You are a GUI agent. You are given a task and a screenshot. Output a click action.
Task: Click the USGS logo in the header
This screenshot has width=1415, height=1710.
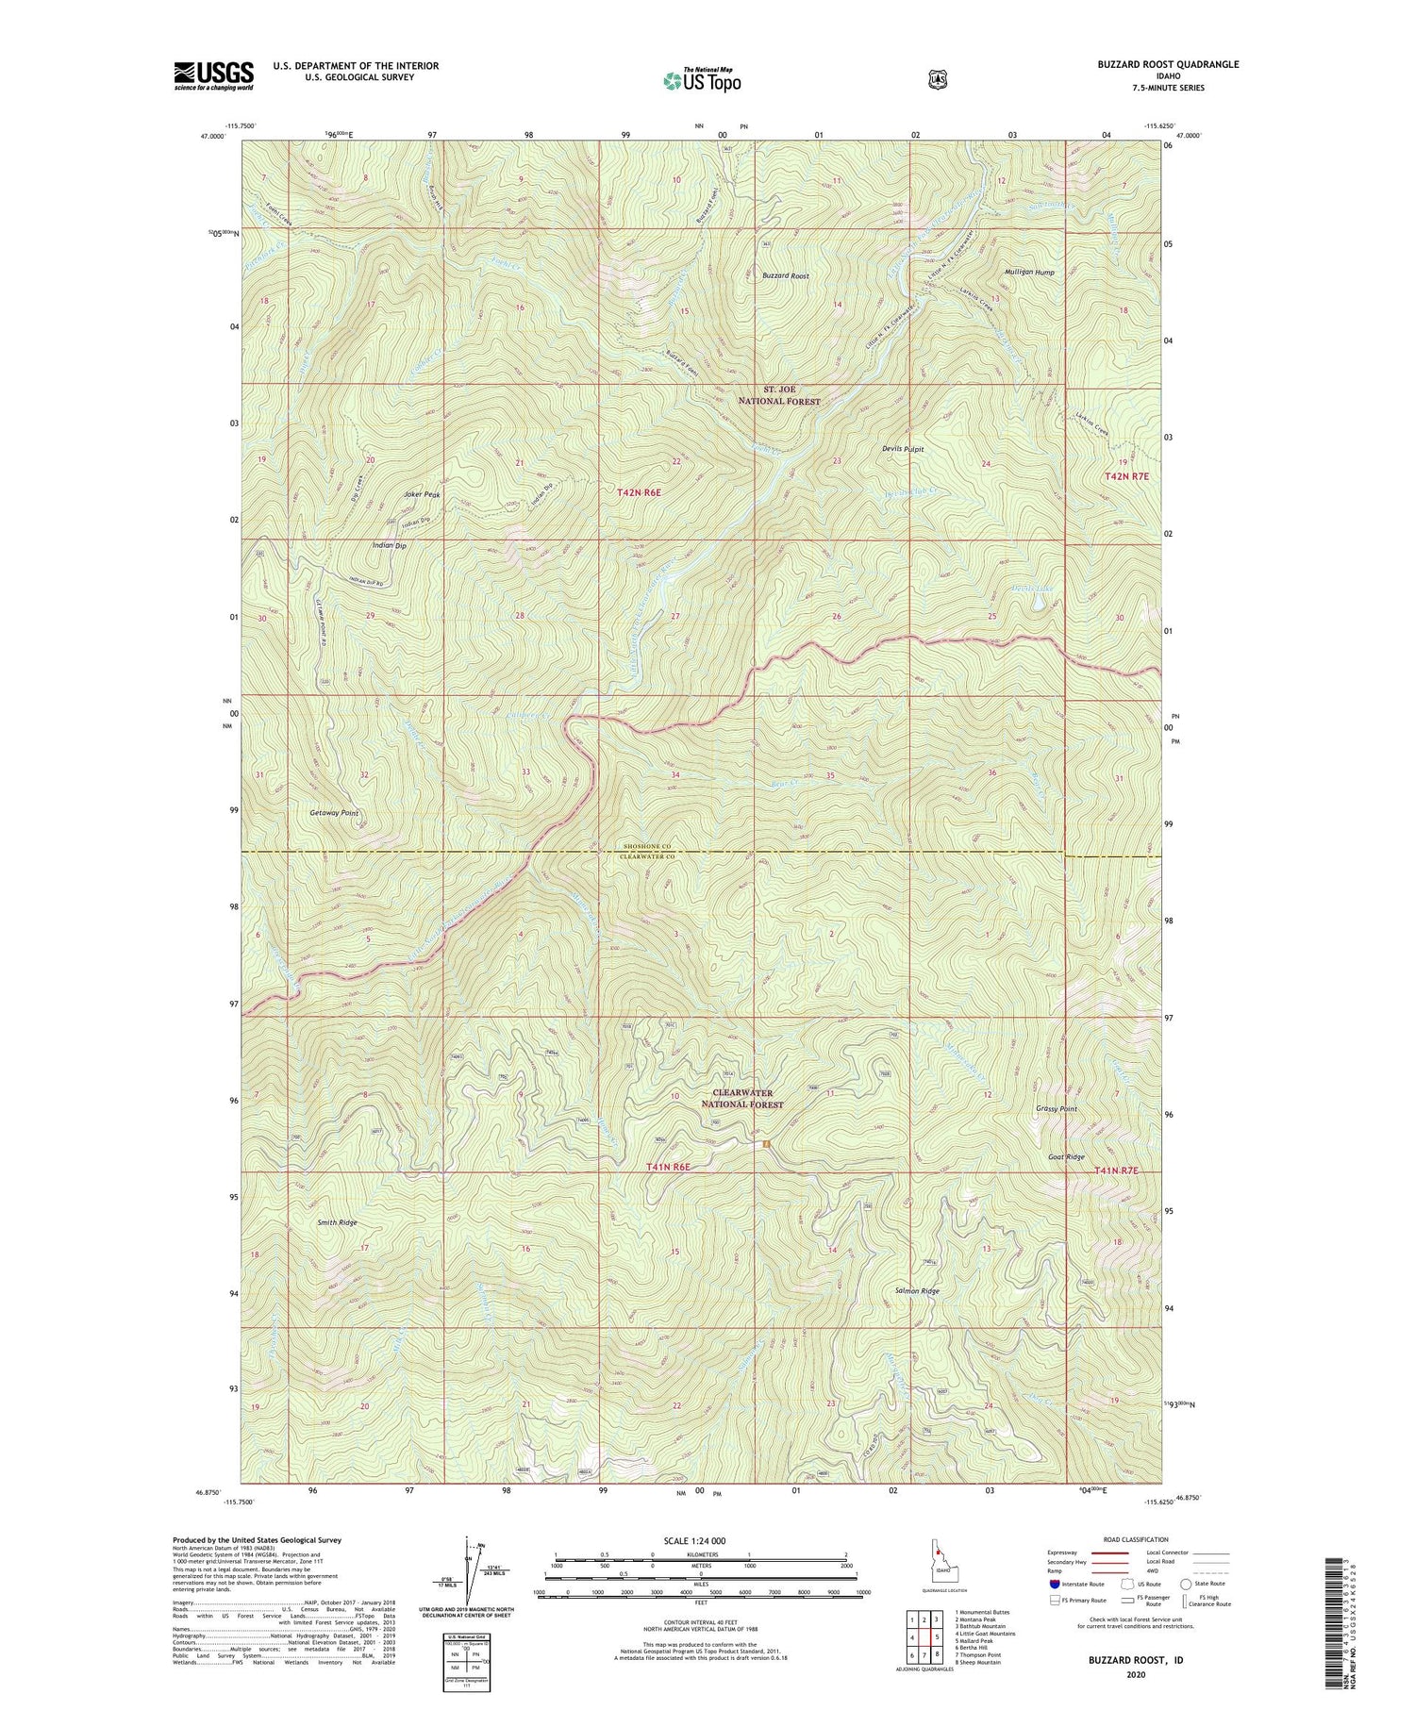pos(213,75)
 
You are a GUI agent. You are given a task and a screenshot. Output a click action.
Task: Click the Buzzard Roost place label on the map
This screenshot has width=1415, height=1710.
pos(786,276)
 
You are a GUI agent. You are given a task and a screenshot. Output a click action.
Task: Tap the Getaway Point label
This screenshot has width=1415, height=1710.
pos(334,812)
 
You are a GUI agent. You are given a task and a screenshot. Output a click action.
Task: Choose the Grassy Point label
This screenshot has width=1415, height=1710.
pos(1056,1109)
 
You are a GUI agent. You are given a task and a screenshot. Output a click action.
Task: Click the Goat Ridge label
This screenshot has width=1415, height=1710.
pos(1066,1156)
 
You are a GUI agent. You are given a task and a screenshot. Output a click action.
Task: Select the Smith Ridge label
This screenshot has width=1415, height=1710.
pos(337,1222)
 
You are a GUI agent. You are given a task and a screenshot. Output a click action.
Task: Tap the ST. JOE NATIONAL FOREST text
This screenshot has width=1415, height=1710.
pos(778,395)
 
